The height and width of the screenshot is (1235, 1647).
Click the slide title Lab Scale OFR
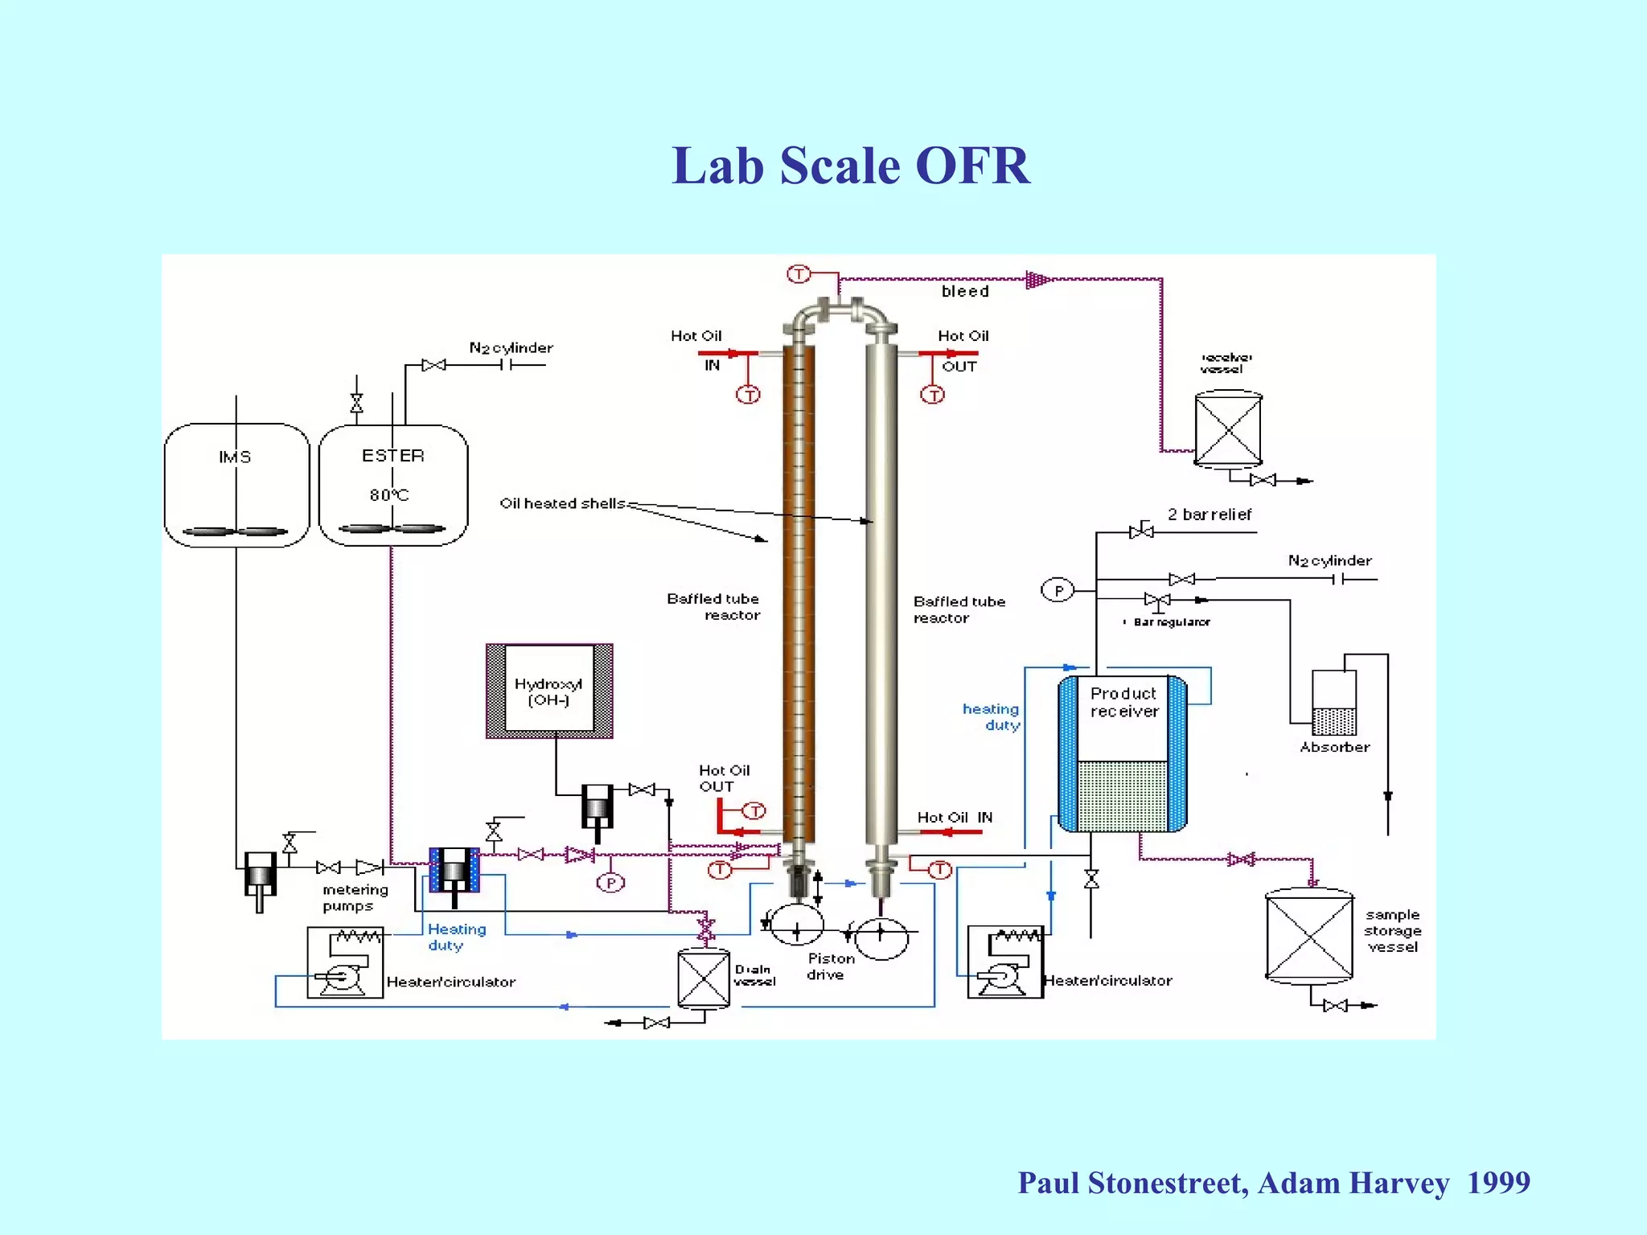click(850, 166)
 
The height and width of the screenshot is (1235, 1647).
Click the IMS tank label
click(235, 457)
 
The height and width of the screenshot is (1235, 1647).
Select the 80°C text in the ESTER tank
click(389, 494)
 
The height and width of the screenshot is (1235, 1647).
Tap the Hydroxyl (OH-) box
click(549, 691)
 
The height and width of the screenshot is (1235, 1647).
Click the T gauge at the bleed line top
click(798, 274)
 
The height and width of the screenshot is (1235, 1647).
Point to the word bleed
click(965, 291)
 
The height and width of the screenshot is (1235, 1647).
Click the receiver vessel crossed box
click(1228, 429)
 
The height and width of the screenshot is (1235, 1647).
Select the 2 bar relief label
click(1210, 515)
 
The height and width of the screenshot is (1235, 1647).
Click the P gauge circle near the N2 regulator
click(1058, 591)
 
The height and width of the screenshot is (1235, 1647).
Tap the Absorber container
click(1334, 704)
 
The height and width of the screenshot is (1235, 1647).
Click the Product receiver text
click(1123, 702)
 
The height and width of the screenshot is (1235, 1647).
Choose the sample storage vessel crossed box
click(1309, 937)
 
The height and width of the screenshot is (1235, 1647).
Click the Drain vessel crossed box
click(704, 978)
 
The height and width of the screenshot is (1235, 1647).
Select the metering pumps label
click(354, 897)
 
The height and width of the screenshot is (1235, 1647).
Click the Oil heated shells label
click(562, 503)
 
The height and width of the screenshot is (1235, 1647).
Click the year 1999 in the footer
click(1498, 1183)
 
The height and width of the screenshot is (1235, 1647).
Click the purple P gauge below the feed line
click(610, 883)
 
